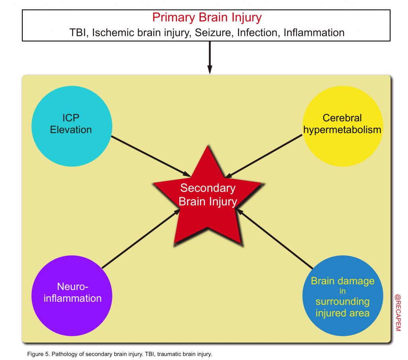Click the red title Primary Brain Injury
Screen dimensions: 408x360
207,18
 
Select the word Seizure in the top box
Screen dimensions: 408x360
212,33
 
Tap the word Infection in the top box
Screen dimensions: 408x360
259,33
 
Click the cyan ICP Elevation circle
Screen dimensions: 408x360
72,126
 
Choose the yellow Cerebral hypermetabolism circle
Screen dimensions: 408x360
343,126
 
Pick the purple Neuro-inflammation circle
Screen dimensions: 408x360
72,296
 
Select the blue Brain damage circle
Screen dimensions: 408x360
343,296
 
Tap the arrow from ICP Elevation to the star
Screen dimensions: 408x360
151,157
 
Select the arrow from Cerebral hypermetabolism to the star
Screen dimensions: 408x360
264,157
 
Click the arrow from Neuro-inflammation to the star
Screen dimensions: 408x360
141,239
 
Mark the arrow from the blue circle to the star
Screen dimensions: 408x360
275,239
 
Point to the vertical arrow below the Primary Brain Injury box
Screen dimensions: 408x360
210,57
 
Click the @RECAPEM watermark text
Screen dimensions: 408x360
398,313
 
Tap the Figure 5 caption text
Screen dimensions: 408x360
120,354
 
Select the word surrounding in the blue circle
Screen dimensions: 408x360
342,302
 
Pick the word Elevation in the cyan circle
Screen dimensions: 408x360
71,129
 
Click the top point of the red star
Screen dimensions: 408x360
208,146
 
